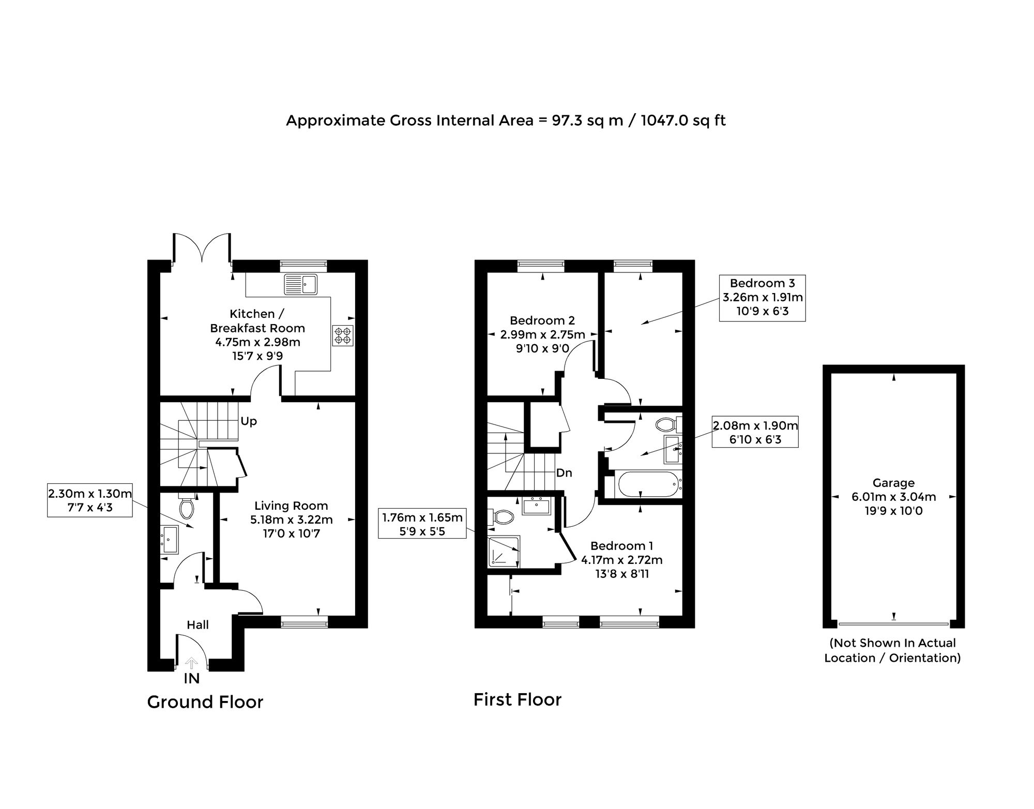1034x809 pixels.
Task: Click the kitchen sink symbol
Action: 300,284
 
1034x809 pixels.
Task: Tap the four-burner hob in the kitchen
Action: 343,336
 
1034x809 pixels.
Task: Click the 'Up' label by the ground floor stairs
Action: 249,421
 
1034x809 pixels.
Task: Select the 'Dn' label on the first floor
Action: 564,472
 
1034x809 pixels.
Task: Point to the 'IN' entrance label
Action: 192,678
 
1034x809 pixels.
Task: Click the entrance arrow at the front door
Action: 191,663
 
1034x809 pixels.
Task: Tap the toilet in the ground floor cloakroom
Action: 186,507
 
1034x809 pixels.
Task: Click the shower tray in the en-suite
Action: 504,551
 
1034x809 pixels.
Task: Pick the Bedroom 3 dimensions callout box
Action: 763,298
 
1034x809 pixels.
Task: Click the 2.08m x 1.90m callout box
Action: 755,432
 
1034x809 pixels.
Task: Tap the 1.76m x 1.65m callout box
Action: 422,524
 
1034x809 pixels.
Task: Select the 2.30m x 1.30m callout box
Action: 90,500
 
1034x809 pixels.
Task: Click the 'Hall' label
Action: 197,625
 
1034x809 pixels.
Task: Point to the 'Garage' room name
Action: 893,483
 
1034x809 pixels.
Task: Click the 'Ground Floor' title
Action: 205,702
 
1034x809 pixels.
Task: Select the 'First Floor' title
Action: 518,699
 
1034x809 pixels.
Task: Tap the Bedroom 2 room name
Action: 542,320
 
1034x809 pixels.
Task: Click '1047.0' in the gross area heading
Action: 663,120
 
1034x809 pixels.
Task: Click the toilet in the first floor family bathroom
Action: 668,425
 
